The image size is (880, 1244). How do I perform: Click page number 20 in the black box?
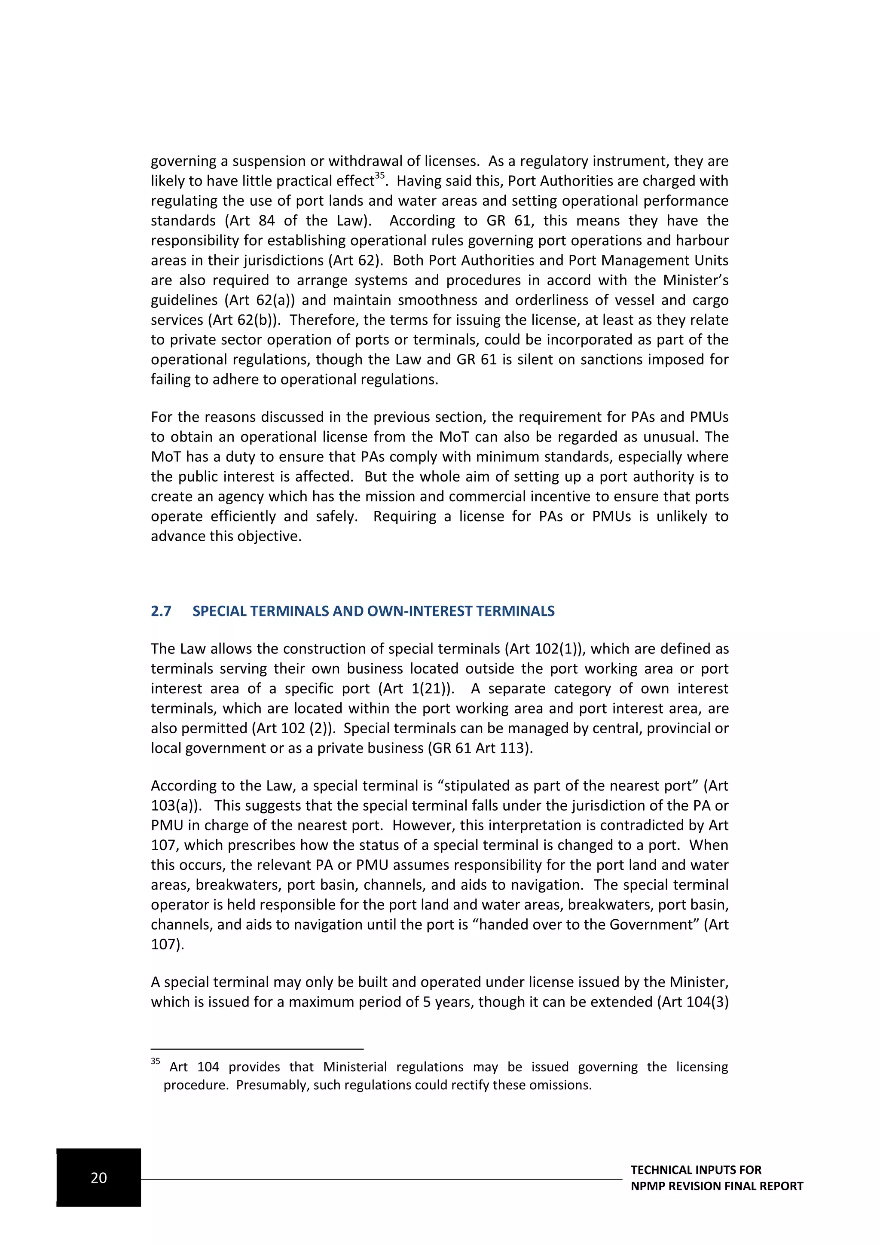point(99,1177)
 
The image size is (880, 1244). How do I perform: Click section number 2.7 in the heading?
point(161,611)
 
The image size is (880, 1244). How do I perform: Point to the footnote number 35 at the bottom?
point(156,1061)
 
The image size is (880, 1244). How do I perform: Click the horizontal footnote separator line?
point(257,1049)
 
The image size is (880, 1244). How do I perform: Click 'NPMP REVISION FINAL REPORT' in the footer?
point(716,1186)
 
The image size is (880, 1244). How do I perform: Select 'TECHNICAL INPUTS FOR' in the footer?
point(696,1170)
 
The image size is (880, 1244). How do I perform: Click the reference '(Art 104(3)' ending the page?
point(693,1002)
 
